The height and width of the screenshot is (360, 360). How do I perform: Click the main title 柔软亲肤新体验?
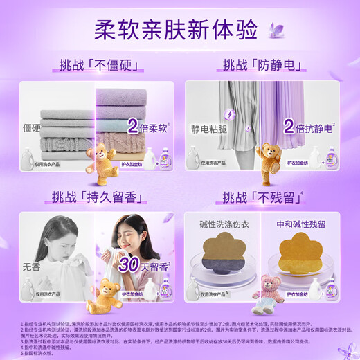(179, 30)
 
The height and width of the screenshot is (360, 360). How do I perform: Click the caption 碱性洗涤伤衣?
(222, 224)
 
